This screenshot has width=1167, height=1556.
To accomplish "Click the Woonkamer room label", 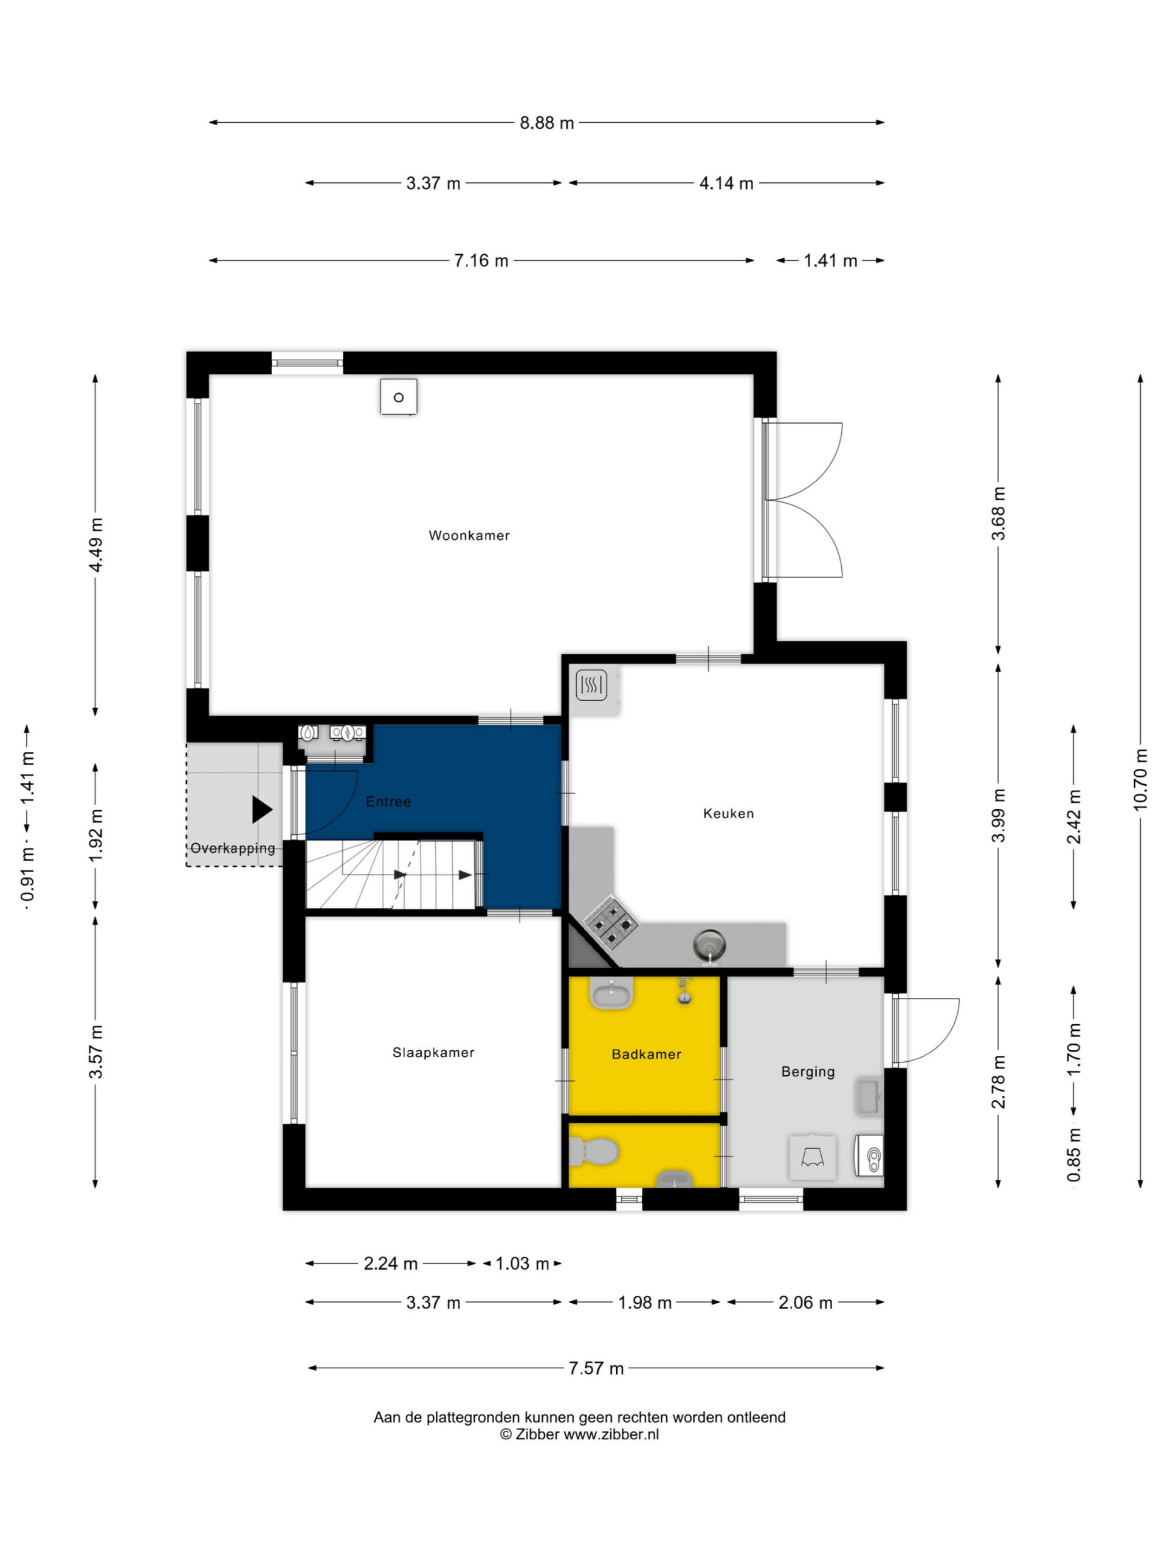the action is click(x=469, y=535).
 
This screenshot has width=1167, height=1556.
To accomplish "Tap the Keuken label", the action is click(x=728, y=813).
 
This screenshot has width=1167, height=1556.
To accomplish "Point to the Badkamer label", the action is click(x=647, y=1054).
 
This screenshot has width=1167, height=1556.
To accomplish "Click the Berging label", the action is click(x=808, y=1072).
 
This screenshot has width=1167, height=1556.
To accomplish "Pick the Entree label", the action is click(x=388, y=801).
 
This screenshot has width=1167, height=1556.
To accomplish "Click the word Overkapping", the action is click(x=233, y=849).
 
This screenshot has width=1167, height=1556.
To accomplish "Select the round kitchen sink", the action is click(x=709, y=945).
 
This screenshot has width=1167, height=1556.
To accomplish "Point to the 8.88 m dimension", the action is click(x=546, y=122).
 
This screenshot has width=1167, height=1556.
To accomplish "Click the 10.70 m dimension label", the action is click(x=1140, y=779).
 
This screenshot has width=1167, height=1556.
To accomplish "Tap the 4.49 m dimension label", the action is click(x=95, y=545).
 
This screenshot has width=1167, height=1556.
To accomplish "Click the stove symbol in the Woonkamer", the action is click(x=399, y=398).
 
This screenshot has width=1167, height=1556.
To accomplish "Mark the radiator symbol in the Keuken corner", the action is click(x=591, y=685).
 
